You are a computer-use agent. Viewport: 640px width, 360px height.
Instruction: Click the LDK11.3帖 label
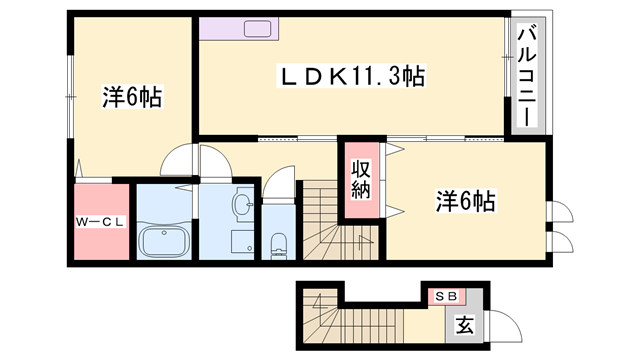(x=352, y=76)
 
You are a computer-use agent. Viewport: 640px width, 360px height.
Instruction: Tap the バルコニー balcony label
(x=527, y=75)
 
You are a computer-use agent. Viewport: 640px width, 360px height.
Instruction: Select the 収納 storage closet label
(x=361, y=180)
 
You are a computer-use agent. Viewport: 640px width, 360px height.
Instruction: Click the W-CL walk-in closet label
(x=100, y=222)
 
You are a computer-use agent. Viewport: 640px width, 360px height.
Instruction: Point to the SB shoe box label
(x=446, y=297)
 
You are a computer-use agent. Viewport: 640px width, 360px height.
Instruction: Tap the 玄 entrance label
(x=465, y=325)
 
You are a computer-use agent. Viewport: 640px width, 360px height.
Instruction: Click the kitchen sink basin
(x=258, y=29)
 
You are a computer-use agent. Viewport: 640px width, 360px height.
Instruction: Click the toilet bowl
(x=279, y=244)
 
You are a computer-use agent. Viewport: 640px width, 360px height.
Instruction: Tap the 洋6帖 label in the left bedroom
(x=132, y=97)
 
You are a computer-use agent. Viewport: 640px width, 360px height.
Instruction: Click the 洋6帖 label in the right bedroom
(x=465, y=201)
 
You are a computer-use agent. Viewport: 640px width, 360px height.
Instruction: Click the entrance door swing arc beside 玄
(x=511, y=319)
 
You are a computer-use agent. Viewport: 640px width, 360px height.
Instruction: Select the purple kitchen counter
(x=239, y=29)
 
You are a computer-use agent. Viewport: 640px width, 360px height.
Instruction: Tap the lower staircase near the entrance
(x=353, y=317)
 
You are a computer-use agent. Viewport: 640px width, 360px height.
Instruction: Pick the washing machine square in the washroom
(x=243, y=242)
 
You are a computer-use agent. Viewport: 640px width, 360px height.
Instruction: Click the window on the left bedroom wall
(x=71, y=97)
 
